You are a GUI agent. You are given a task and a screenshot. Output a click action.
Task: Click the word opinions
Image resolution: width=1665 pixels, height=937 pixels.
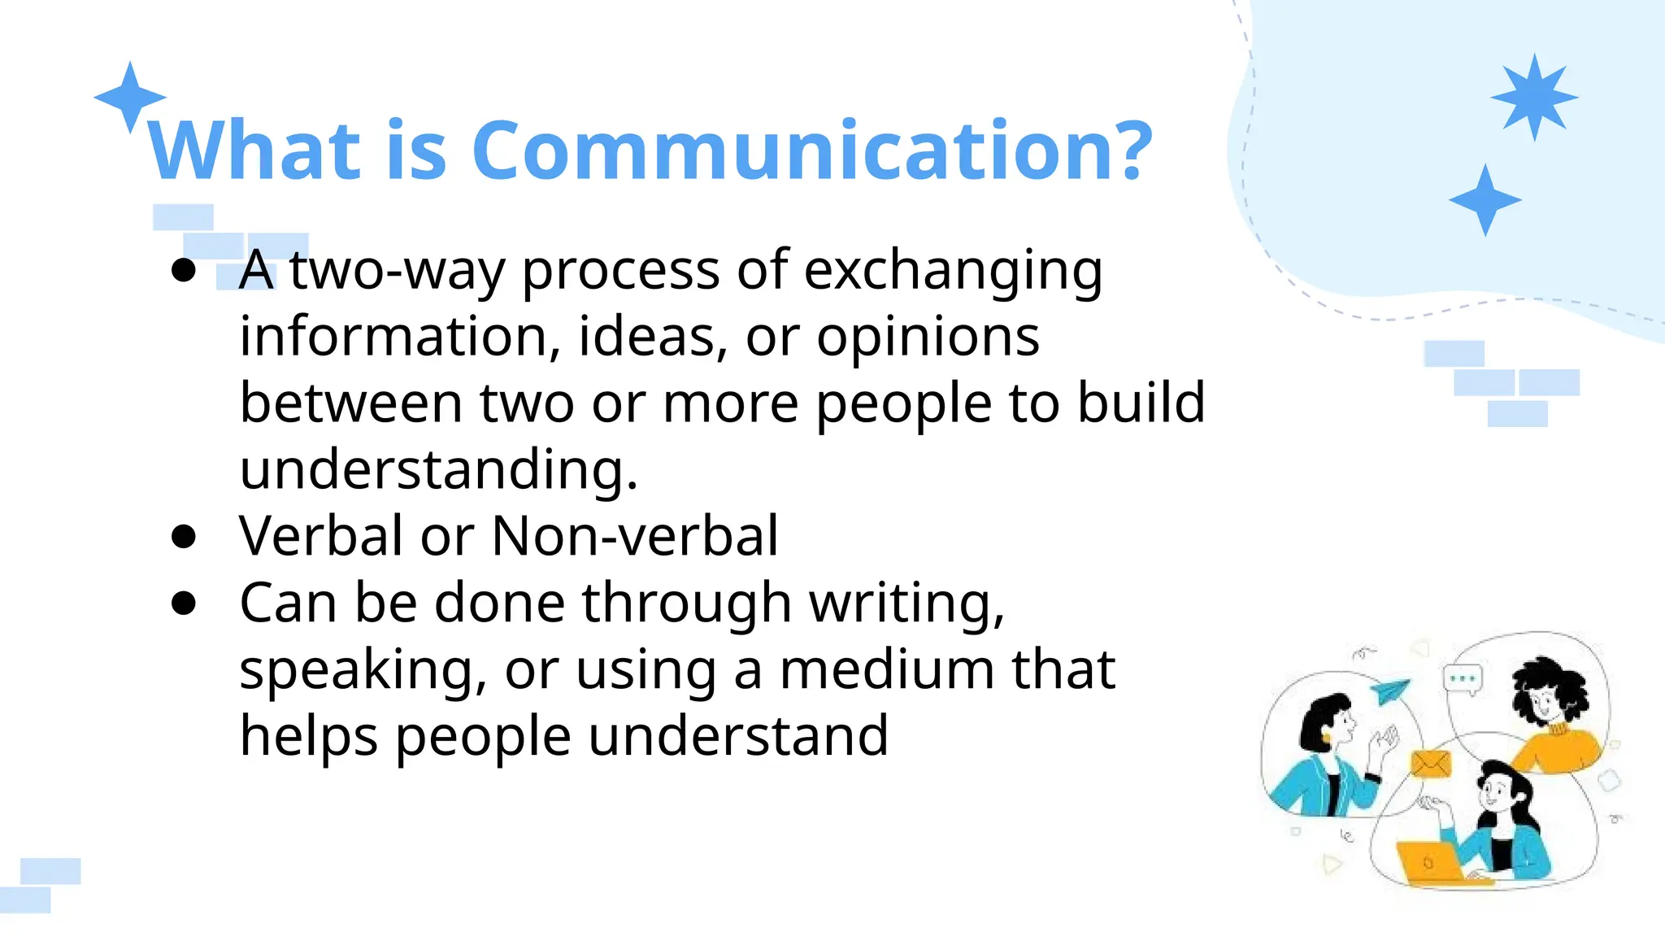pos(928,337)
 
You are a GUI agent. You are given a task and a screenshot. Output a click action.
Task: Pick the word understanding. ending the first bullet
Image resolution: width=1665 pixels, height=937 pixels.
pos(439,470)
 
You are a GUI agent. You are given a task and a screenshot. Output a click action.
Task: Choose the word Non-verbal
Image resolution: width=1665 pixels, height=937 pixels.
pos(635,536)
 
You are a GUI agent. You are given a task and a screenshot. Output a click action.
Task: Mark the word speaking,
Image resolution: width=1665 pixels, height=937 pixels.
pos(363,671)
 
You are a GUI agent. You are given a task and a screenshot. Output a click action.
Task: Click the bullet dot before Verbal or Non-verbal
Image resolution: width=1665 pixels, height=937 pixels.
pos(185,537)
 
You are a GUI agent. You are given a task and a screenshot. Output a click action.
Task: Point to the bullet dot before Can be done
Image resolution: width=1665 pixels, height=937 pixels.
pos(185,604)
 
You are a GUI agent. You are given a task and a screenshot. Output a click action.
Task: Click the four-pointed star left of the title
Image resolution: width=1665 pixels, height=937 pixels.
pos(130,98)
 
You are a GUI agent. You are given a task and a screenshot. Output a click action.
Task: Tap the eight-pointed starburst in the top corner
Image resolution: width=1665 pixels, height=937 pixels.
pos(1534,98)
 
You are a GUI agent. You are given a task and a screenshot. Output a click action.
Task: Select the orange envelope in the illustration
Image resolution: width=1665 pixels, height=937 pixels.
pos(1431,763)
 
